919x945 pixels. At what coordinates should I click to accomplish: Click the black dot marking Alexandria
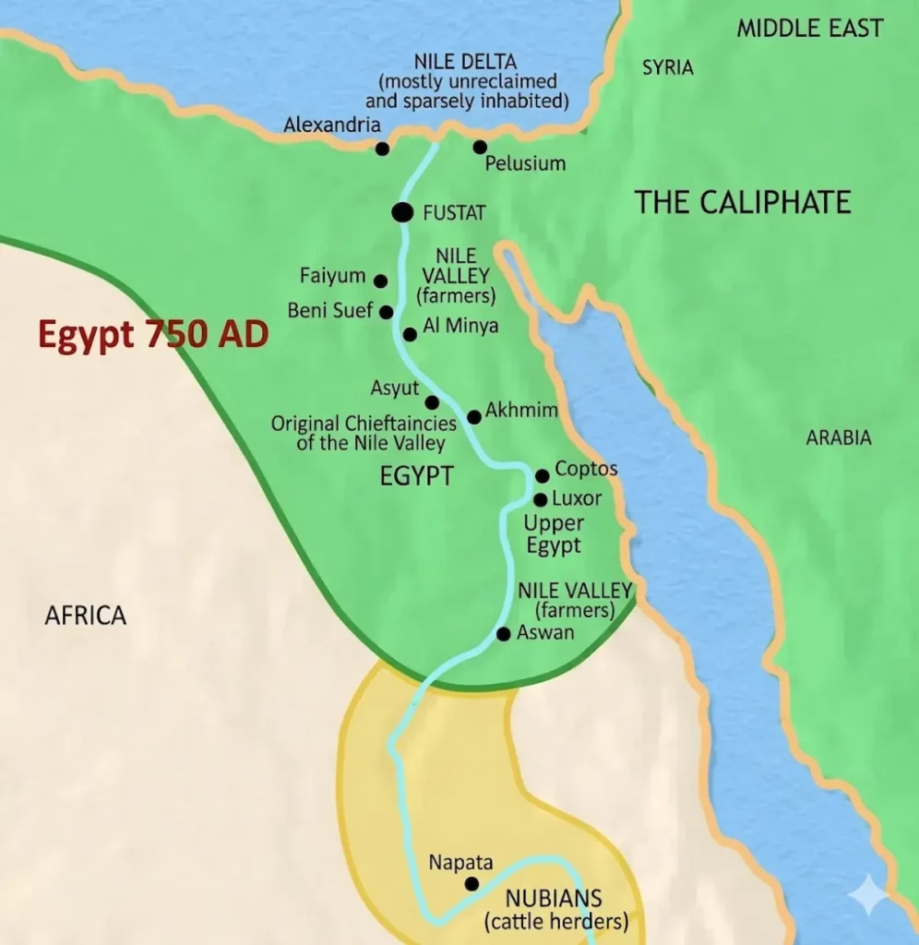[x=382, y=149]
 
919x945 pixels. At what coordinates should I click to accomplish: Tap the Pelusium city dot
[x=480, y=147]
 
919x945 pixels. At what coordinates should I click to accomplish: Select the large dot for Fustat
[x=402, y=212]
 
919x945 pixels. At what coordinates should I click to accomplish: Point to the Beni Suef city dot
[x=386, y=312]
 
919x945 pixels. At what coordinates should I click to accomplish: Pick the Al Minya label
[x=460, y=326]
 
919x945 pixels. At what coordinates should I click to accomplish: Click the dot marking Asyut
[x=432, y=402]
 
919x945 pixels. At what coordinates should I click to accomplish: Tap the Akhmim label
[x=521, y=410]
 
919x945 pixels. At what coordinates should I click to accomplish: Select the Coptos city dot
[x=543, y=475]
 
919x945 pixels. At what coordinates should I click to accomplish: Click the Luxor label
[x=577, y=498]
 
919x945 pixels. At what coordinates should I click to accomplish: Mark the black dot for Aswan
[x=503, y=634]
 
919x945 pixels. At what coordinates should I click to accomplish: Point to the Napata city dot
[x=471, y=884]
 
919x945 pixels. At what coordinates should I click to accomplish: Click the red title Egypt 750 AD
[x=153, y=334]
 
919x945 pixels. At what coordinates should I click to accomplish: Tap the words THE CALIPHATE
[x=742, y=202]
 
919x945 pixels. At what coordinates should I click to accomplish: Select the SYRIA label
[x=667, y=68]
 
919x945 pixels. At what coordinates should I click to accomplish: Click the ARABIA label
[x=838, y=438]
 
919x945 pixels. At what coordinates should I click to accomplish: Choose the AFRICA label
[x=85, y=616]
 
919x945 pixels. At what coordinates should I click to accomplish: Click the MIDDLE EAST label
[x=809, y=29]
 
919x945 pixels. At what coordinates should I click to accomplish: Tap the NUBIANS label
[x=555, y=898]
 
